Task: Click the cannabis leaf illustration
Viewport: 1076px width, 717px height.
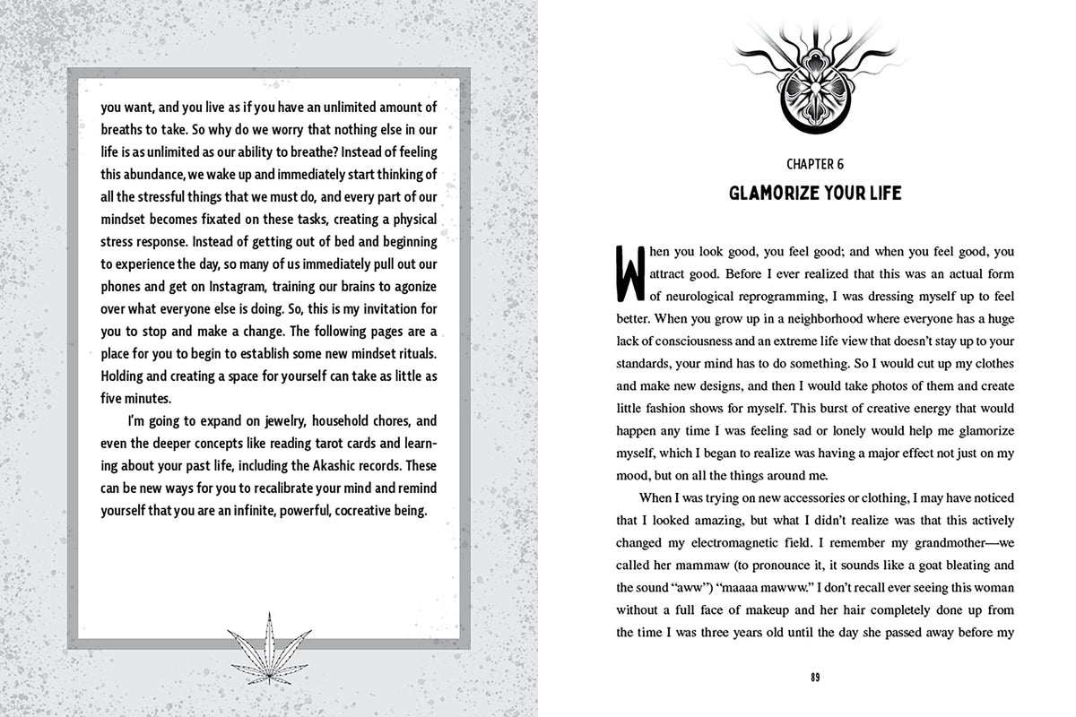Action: point(267,642)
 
